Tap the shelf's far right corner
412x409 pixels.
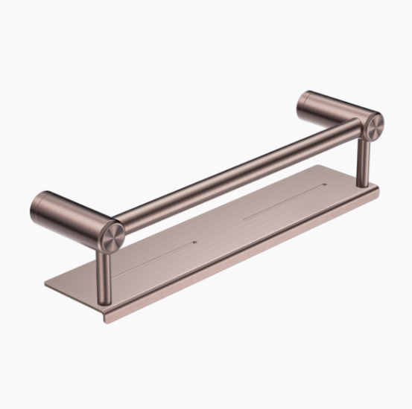coord(378,187)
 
